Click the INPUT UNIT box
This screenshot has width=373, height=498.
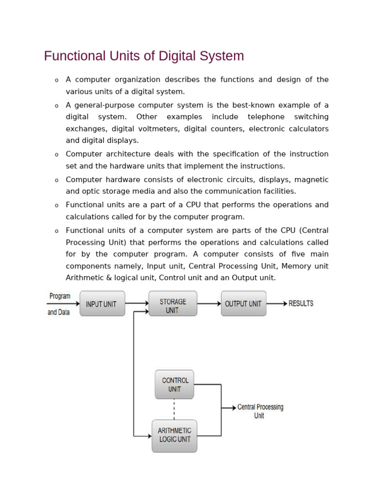pyautogui.click(x=102, y=304)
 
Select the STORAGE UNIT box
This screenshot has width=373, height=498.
pyautogui.click(x=172, y=304)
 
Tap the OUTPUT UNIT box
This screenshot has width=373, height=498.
pyautogui.click(x=243, y=304)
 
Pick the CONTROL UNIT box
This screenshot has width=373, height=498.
pyautogui.click(x=174, y=385)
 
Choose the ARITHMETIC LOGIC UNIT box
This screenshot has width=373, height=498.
pyautogui.click(x=174, y=435)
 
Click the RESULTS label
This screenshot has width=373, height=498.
pyautogui.click(x=301, y=303)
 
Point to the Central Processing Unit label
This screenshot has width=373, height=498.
pyautogui.click(x=260, y=411)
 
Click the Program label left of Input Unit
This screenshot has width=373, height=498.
pyautogui.click(x=60, y=296)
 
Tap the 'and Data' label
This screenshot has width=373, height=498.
pyautogui.click(x=59, y=312)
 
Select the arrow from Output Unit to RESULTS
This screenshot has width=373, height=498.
pyautogui.click(x=277, y=304)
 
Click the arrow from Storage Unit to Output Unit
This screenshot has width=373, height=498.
pyautogui.click(x=209, y=304)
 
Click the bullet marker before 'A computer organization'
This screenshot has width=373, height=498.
pyautogui.click(x=56, y=80)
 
